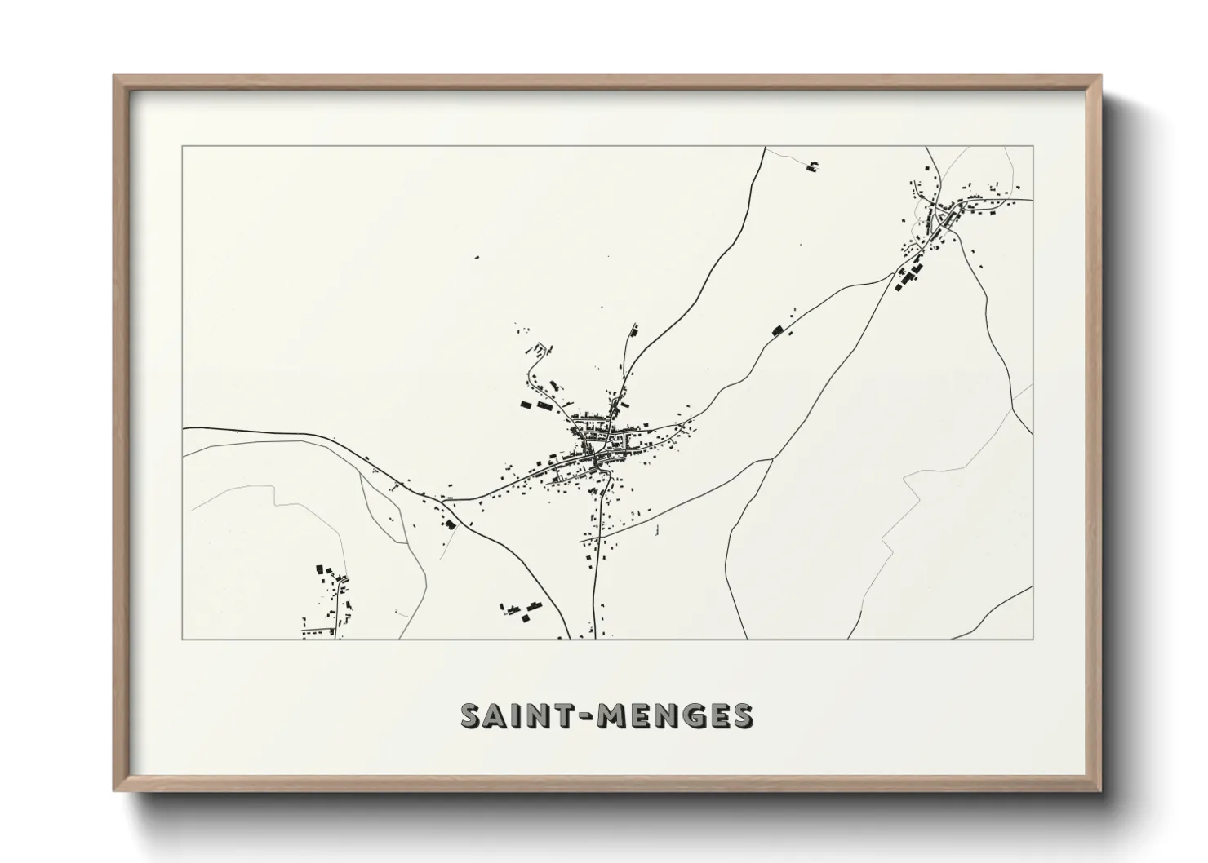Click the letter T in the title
coord(563,715)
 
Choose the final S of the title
coord(741,715)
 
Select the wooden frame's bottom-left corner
coord(115,790)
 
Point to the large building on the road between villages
coord(777,330)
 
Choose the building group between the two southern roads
coord(522,610)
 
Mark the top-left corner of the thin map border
coord(183,147)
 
